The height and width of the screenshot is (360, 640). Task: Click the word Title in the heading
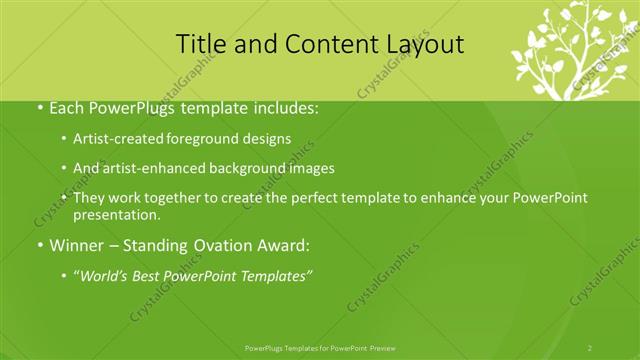[200, 44]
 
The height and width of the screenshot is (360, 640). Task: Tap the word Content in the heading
[325, 44]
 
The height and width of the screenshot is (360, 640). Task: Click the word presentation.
[117, 214]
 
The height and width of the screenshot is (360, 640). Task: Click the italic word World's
[106, 275]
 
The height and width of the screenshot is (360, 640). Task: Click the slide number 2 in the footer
[590, 348]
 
